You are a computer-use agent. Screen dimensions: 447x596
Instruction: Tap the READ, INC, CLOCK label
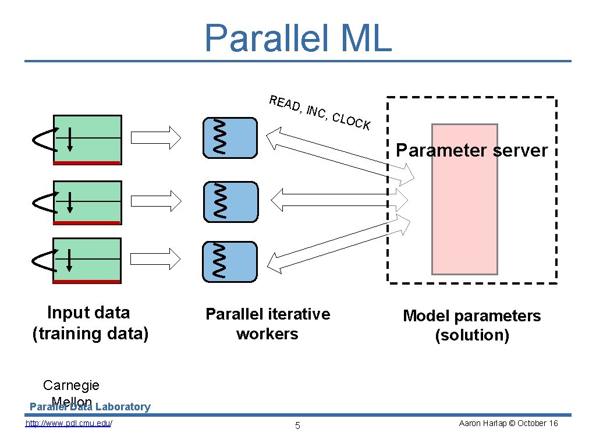(320, 112)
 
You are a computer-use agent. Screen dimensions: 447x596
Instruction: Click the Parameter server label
(471, 150)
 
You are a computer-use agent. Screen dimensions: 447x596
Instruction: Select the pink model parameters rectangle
(464, 221)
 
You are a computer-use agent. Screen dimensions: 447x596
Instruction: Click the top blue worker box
(230, 138)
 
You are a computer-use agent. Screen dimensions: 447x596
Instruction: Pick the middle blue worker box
(230, 201)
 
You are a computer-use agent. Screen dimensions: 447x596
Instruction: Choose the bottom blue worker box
(230, 261)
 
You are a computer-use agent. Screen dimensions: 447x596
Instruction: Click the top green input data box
(87, 140)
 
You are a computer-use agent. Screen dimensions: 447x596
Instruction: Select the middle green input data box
(87, 202)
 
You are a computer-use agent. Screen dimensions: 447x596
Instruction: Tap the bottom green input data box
(87, 260)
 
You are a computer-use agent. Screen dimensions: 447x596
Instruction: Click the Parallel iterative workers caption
(267, 324)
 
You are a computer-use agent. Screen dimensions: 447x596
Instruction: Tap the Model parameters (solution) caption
(471, 325)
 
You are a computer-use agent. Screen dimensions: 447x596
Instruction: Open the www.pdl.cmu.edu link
(69, 423)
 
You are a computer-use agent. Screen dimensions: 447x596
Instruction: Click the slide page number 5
(297, 425)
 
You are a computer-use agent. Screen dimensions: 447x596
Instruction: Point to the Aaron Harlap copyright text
(508, 423)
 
